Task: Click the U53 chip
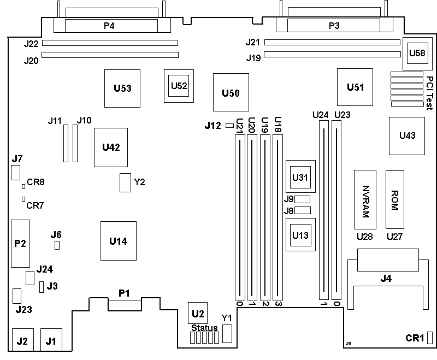click(122, 87)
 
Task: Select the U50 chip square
click(231, 93)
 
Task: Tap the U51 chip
click(355, 87)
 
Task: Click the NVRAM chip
click(365, 200)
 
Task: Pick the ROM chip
click(395, 199)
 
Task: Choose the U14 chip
click(118, 241)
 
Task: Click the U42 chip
click(111, 147)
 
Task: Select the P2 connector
click(20, 244)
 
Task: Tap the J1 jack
click(51, 341)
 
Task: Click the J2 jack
click(22, 341)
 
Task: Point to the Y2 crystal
click(125, 183)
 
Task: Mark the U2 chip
click(197, 313)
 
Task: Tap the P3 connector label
click(334, 25)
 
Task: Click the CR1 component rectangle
click(430, 338)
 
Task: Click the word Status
click(204, 328)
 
